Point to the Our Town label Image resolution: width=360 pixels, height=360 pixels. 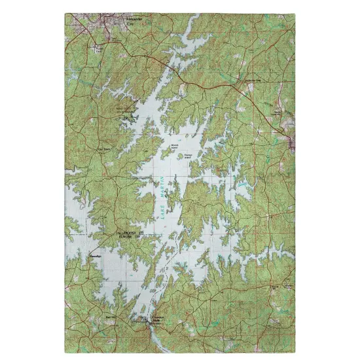[103, 150]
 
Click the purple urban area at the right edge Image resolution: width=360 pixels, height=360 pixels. [292, 141]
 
